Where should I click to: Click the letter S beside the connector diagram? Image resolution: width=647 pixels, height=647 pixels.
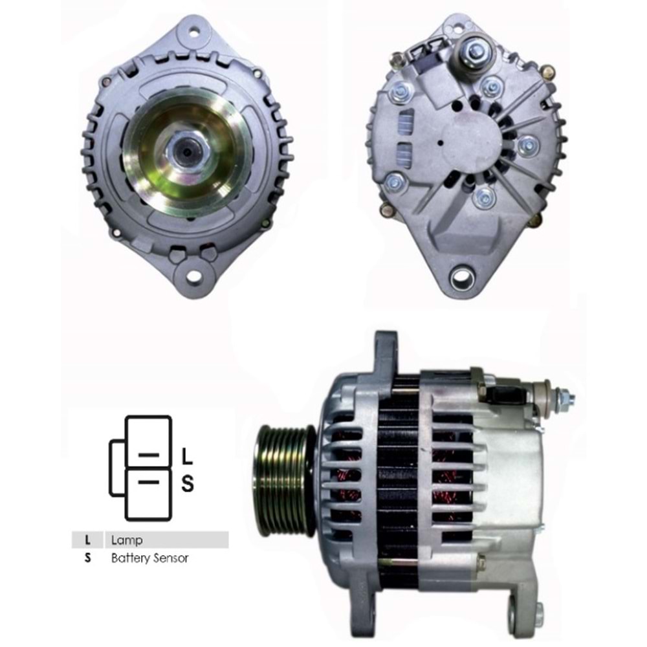point(187,483)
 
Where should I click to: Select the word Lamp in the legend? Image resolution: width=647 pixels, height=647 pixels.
point(127,540)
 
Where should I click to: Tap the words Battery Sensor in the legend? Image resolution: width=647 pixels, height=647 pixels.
point(149,558)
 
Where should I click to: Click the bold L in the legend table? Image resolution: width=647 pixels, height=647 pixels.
point(87,540)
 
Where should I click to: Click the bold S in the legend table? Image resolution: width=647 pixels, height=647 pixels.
point(87,558)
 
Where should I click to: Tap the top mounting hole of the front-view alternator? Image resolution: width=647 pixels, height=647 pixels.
point(193,28)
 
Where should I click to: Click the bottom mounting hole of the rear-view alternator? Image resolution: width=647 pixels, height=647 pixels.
point(463,278)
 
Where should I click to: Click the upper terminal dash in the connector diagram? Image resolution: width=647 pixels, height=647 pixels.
point(149,455)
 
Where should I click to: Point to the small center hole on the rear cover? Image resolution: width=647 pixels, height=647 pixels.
point(441,144)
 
